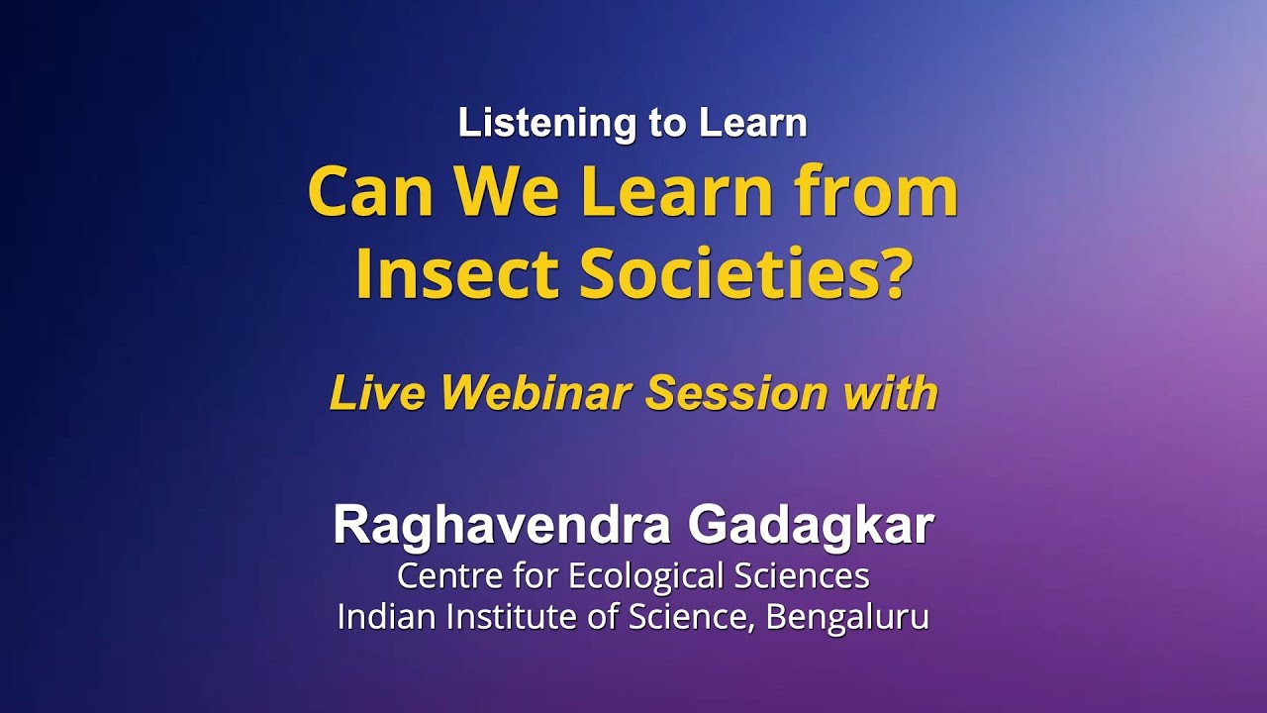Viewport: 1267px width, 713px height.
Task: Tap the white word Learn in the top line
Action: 753,124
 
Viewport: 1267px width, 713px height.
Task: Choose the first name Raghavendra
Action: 503,526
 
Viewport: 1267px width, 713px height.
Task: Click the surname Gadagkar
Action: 811,526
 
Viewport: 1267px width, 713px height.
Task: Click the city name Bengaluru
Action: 847,617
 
